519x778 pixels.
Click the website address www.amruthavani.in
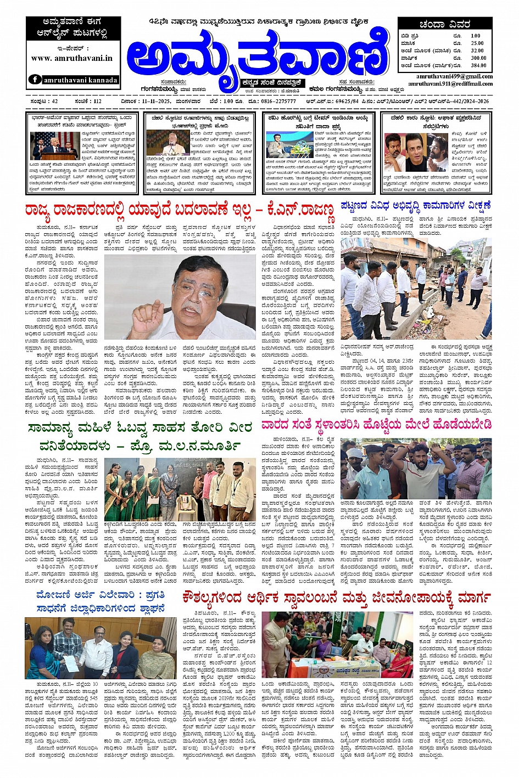(72, 58)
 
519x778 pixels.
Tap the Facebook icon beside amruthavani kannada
(35, 80)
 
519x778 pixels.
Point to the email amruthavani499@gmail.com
(454, 76)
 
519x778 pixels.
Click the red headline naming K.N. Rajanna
(179, 210)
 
